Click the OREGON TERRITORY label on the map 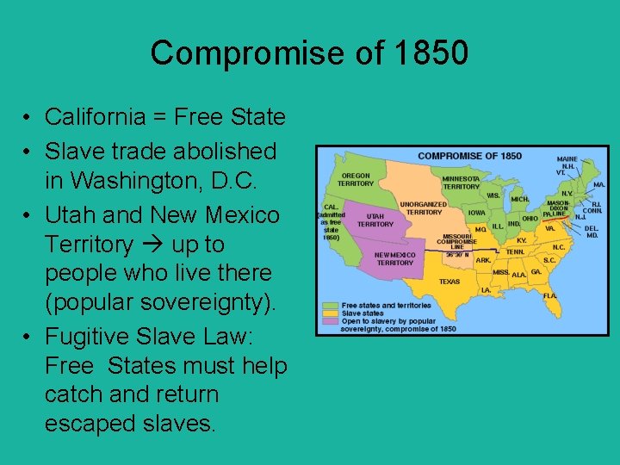(356, 179)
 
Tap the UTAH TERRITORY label (375, 220)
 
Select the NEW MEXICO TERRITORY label (394, 258)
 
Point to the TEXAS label (449, 282)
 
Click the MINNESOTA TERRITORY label (462, 183)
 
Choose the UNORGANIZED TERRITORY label (424, 208)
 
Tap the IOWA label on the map (477, 212)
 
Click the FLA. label (550, 295)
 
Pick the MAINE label (567, 159)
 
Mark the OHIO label (530, 218)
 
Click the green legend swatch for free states (330, 306)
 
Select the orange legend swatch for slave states (330, 313)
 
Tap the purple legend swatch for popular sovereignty (330, 321)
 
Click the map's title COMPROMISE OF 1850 (469, 156)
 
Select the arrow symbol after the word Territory (153, 245)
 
